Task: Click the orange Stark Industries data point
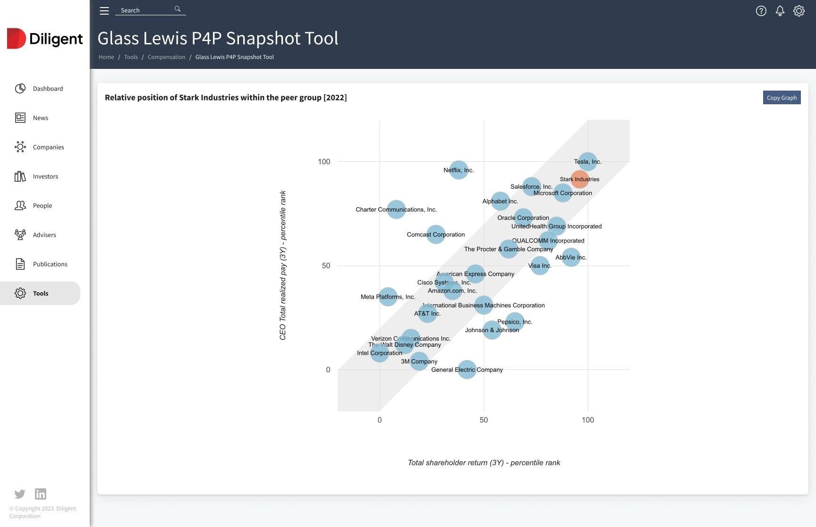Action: [579, 179]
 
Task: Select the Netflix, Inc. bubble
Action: [459, 170]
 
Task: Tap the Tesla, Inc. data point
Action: [587, 162]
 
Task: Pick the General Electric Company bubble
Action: [467, 369]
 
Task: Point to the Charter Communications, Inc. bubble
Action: [396, 209]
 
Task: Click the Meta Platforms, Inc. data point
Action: [388, 297]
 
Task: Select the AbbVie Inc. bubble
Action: [571, 257]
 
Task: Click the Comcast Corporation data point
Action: [435, 234]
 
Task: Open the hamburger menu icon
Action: [104, 11]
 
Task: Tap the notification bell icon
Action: [780, 11]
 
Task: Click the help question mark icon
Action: [761, 11]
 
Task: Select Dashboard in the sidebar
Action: [48, 89]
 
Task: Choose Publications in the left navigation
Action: [50, 264]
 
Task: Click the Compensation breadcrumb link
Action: [166, 57]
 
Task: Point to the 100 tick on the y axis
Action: [324, 162]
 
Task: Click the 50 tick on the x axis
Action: [484, 420]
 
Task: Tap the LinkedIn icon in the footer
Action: [41, 494]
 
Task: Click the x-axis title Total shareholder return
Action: [484, 463]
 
